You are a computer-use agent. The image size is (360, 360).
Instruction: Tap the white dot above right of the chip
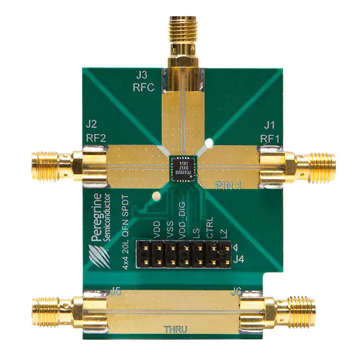pos(208,143)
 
